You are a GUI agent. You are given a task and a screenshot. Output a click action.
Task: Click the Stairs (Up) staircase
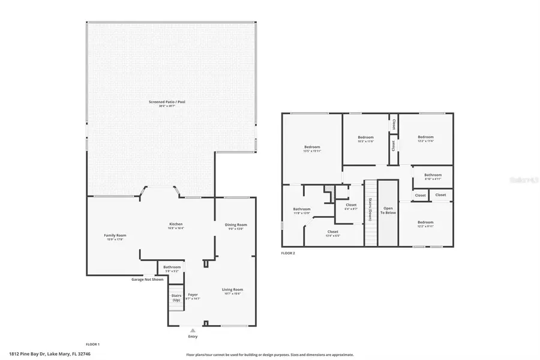(176, 299)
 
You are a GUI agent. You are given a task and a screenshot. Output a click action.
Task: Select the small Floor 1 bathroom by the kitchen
(172, 268)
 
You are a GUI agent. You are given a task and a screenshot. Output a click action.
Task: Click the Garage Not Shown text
(148, 280)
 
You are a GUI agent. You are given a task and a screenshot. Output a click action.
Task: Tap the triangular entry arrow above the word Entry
(193, 329)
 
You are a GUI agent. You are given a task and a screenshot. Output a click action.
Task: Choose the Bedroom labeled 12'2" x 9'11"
(425, 224)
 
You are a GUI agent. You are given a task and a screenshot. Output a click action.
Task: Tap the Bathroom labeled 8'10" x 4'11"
(433, 176)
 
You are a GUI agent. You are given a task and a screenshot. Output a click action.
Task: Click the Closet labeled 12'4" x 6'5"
(332, 233)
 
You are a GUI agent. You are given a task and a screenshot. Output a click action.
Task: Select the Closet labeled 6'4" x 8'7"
(351, 206)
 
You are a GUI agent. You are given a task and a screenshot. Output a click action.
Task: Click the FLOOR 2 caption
(288, 253)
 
